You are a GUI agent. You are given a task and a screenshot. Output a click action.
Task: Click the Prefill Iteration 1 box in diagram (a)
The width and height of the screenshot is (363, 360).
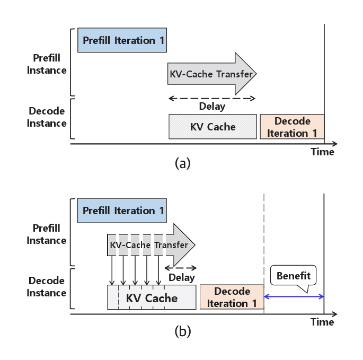(x=122, y=40)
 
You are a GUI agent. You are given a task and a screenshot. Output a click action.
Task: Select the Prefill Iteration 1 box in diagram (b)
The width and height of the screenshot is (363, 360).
(x=122, y=210)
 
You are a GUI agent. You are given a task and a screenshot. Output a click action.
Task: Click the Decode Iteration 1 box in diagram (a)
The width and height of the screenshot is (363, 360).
(x=291, y=127)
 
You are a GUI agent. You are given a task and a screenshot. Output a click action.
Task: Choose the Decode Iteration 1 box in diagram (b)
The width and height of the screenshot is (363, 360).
(x=232, y=297)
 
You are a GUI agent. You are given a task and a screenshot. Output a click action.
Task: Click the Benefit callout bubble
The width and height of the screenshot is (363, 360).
(x=293, y=276)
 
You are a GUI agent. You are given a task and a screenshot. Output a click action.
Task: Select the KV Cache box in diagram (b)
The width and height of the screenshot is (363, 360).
(x=152, y=297)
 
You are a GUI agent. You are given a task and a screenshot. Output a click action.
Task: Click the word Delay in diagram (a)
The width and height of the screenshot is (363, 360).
(x=212, y=106)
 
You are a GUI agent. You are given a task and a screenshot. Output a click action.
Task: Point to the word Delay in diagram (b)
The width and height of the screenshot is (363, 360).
(x=182, y=277)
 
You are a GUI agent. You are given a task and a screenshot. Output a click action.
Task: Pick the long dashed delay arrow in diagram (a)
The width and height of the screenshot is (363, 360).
(x=212, y=98)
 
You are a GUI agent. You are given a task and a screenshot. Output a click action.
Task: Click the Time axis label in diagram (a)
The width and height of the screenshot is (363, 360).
(x=322, y=152)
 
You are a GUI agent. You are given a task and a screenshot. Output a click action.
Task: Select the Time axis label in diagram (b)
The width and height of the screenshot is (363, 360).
(x=322, y=322)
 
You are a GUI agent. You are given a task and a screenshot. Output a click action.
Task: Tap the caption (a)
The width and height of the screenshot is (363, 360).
(x=182, y=163)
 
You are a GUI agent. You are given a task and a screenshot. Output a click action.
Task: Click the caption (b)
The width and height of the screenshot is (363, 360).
(x=182, y=332)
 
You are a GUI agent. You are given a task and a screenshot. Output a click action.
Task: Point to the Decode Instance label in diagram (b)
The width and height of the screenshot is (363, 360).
(x=47, y=287)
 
